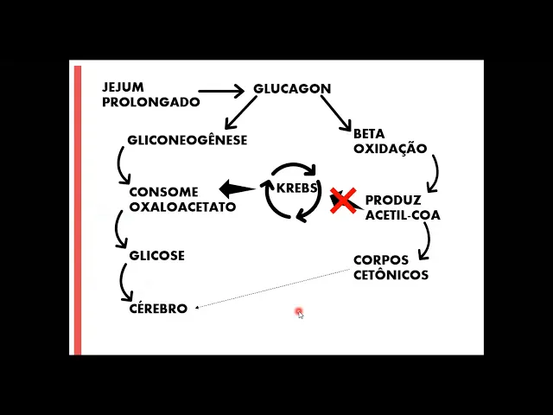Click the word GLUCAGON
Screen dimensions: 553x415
(x=292, y=89)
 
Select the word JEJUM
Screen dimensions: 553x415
(x=124, y=88)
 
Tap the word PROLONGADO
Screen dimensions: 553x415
(x=150, y=102)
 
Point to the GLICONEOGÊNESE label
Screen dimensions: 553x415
(x=187, y=140)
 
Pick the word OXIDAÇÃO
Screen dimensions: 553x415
(x=390, y=148)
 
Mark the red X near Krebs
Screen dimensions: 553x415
(x=343, y=201)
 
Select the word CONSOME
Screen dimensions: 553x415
(x=163, y=192)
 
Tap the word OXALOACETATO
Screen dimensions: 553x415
(x=182, y=207)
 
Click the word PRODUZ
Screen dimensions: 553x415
(x=393, y=201)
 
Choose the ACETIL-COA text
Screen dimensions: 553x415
(x=403, y=215)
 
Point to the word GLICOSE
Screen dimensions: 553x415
(x=156, y=256)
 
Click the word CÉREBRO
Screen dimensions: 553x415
(x=158, y=309)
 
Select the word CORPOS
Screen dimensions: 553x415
(x=381, y=260)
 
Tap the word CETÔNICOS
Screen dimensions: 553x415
(x=391, y=275)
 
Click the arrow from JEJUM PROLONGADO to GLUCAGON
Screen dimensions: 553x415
(x=221, y=90)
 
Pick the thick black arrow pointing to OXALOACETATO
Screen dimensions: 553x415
(x=236, y=188)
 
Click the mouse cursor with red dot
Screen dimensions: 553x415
(x=299, y=312)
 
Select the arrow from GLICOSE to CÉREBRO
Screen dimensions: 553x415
(x=125, y=282)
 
